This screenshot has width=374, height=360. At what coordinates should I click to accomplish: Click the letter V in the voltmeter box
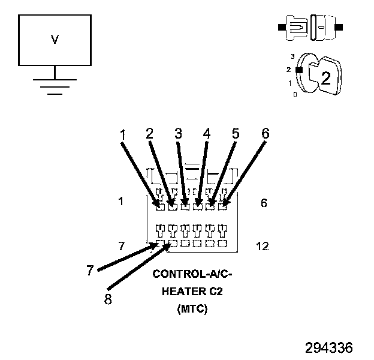(55, 40)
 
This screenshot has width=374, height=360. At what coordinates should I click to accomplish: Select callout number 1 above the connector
(123, 135)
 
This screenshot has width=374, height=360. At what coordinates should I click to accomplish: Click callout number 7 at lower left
(90, 271)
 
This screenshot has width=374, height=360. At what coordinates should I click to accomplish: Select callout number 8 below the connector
(108, 299)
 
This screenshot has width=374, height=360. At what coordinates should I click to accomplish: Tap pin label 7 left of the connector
(121, 246)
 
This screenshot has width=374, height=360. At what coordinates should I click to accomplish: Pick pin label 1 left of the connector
(121, 202)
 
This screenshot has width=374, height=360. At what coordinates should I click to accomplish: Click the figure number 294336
(328, 348)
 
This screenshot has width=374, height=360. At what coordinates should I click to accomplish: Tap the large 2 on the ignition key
(326, 77)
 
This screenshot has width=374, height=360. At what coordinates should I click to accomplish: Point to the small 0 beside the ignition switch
(294, 95)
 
